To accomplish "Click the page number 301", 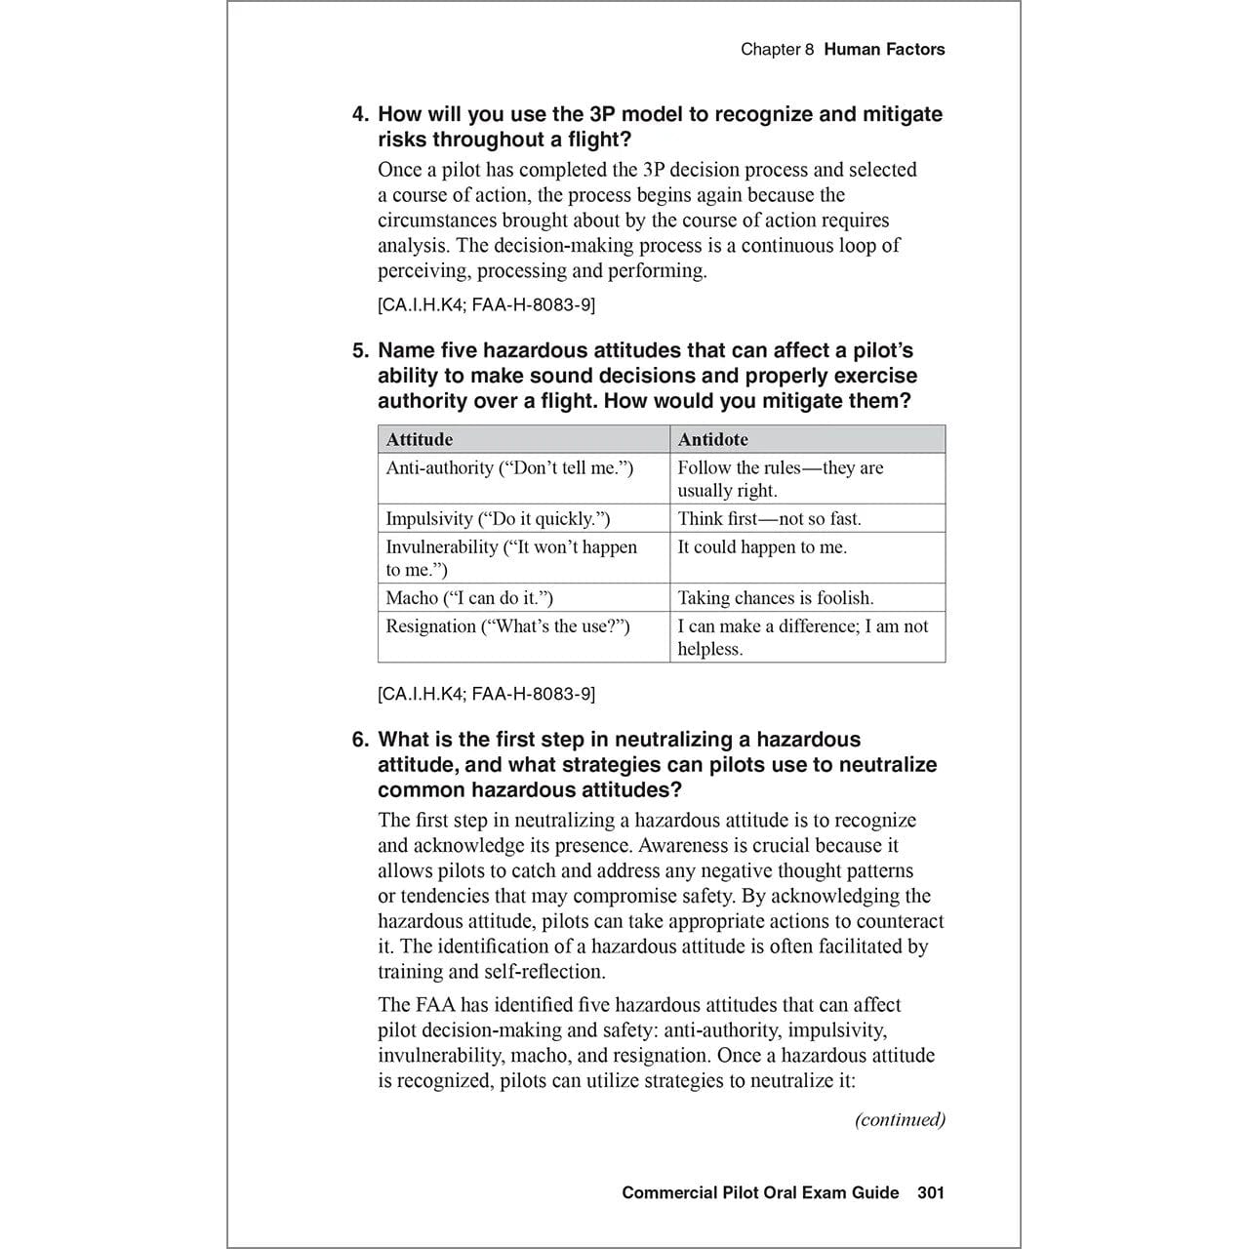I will click(x=931, y=1192).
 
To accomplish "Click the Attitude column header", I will click(x=420, y=439).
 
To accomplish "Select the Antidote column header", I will click(x=712, y=439).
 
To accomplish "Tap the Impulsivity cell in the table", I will click(x=498, y=518).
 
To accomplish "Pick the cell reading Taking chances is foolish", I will click(x=776, y=598).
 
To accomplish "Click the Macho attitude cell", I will click(x=469, y=598).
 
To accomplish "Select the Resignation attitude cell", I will click(x=507, y=626).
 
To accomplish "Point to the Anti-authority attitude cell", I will click(x=509, y=468).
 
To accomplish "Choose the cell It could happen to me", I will click(x=762, y=547).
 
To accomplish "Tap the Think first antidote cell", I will click(x=769, y=518).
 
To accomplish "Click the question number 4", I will click(x=360, y=114).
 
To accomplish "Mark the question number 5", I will click(x=360, y=350).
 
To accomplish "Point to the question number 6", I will click(x=360, y=740).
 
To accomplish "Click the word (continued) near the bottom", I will click(x=900, y=1119).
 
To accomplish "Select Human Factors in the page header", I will click(x=884, y=49).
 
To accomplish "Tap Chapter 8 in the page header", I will click(x=777, y=49).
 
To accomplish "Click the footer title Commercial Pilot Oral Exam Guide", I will click(x=760, y=1192).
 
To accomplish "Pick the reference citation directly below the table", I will click(x=486, y=694).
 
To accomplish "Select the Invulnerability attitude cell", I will click(x=510, y=558).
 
